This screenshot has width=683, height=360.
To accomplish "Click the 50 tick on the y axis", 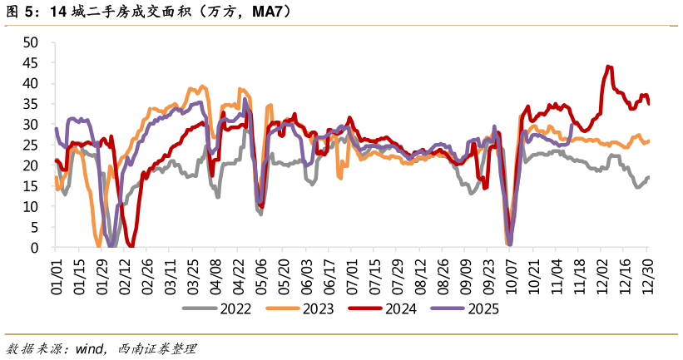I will (x=32, y=42).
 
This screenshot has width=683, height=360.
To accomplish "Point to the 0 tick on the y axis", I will (x=35, y=248).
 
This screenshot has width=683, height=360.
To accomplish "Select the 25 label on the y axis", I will (x=32, y=145).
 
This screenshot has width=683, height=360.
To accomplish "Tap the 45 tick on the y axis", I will (x=32, y=62).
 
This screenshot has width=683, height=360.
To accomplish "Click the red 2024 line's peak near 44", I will (x=609, y=67).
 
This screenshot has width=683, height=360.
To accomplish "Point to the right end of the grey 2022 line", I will (x=648, y=177).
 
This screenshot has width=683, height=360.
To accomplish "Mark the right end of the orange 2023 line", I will (x=648, y=141).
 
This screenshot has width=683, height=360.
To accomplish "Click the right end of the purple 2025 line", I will (x=572, y=126).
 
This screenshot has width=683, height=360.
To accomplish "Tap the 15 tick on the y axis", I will (x=32, y=186).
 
